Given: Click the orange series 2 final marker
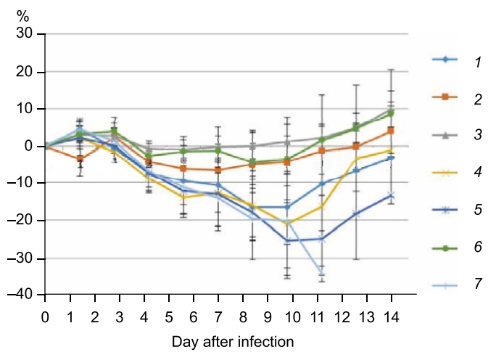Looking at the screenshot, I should coord(391,131).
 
